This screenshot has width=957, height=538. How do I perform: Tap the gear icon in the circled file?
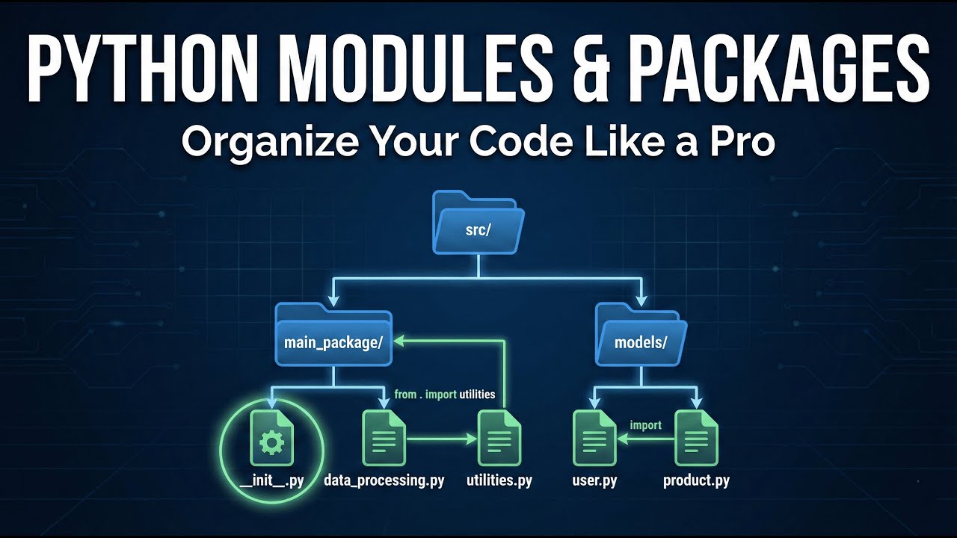click(x=271, y=444)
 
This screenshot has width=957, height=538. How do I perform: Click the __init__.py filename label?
click(x=272, y=480)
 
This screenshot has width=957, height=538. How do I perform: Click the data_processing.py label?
click(x=384, y=480)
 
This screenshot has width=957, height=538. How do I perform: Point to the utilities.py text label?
click(x=499, y=480)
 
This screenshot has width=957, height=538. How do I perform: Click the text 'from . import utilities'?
click(x=444, y=394)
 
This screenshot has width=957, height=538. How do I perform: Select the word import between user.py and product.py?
click(x=645, y=425)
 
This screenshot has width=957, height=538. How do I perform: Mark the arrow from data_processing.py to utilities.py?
click(x=441, y=440)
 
